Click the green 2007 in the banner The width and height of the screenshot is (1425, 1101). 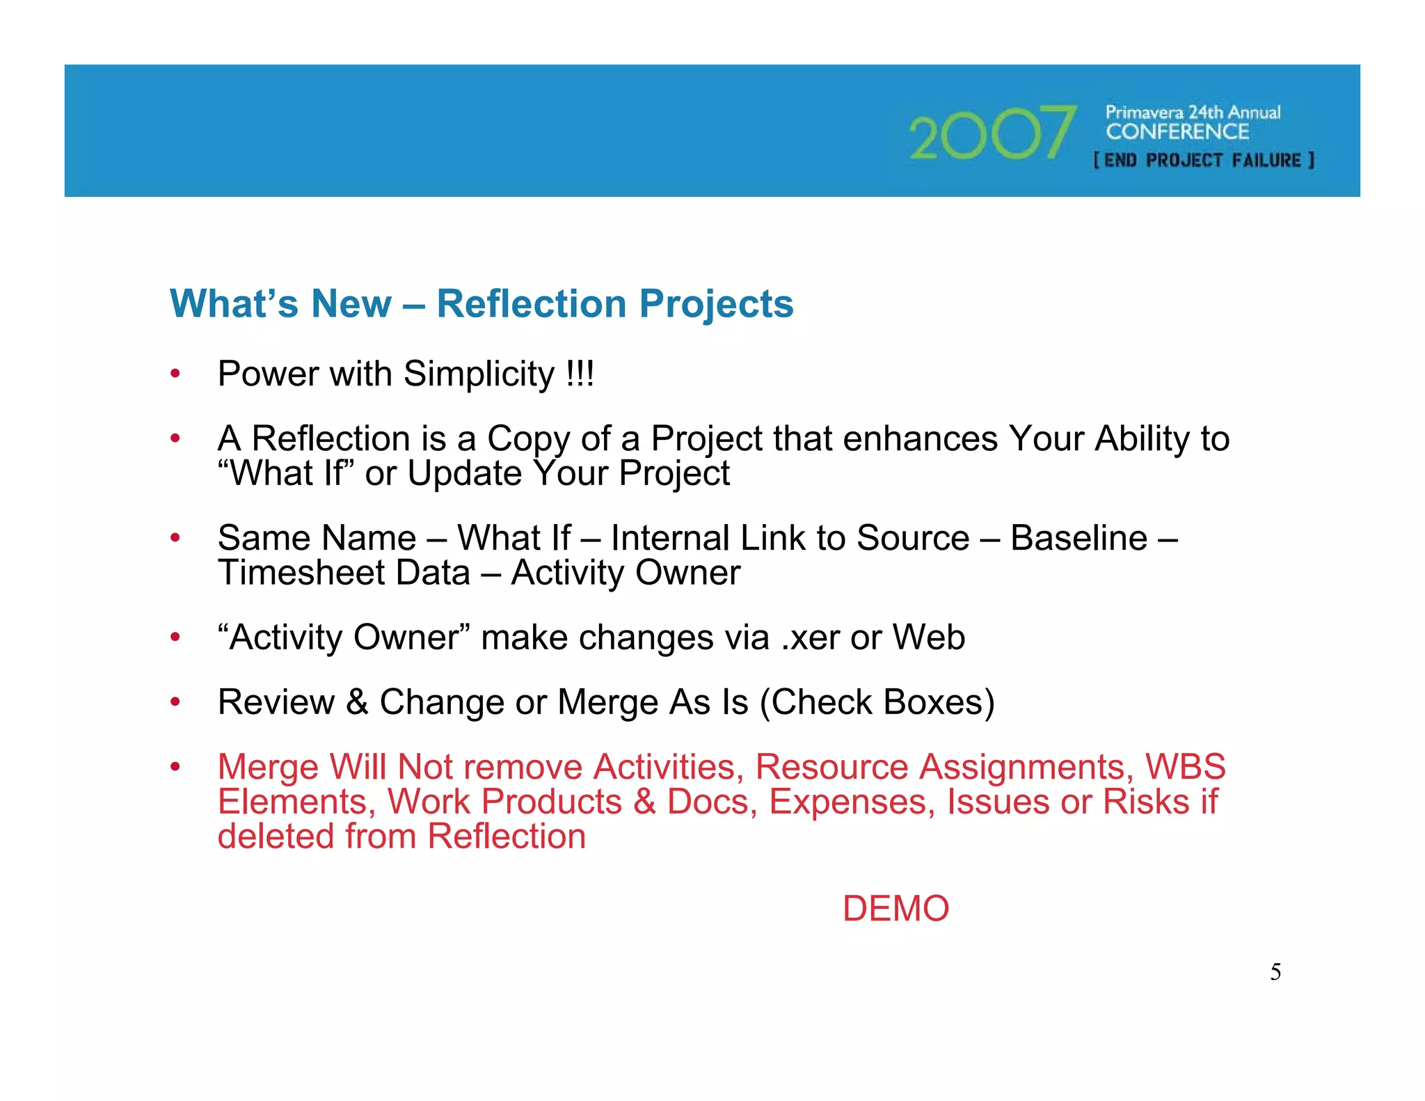point(992,132)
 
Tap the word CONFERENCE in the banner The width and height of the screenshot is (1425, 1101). point(1177,132)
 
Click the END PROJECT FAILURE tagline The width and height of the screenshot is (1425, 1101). point(1204,161)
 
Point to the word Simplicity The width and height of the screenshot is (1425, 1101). point(479,374)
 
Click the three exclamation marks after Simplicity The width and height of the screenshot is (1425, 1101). point(580,374)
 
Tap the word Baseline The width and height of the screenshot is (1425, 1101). point(1078,538)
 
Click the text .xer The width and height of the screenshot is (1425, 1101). point(810,637)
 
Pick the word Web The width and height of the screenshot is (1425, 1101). point(929,637)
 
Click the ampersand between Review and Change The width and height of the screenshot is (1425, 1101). point(357,702)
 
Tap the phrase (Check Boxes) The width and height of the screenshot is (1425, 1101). point(877,702)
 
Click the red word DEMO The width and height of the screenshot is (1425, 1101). point(895,909)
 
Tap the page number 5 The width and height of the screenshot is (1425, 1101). point(1275,972)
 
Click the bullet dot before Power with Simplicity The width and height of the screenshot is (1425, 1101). point(175,374)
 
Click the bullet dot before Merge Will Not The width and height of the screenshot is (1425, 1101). point(175,767)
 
